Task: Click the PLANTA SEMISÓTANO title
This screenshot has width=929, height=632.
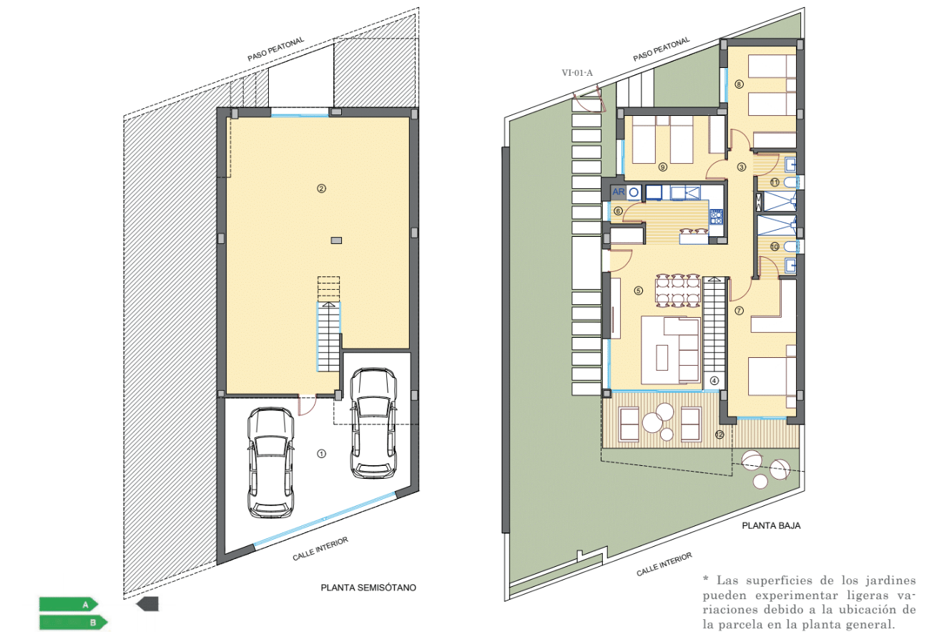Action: tap(368, 588)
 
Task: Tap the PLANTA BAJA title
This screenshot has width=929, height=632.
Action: tap(771, 525)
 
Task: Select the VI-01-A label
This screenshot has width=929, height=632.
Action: tap(577, 73)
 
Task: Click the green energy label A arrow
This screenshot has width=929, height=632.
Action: tap(69, 604)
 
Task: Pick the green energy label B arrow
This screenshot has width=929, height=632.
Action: tap(74, 622)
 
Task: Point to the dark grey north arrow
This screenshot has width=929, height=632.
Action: tap(147, 604)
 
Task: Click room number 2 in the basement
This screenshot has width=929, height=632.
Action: tap(321, 188)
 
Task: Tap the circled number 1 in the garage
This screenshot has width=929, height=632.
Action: tap(321, 454)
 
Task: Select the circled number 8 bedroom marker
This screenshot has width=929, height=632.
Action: tap(739, 84)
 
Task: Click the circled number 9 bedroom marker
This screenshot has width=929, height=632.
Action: tap(663, 167)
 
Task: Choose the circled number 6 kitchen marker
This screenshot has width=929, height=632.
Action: tap(618, 211)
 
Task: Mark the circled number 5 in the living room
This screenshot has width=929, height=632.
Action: tap(639, 291)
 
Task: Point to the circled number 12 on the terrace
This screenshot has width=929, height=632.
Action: tap(719, 434)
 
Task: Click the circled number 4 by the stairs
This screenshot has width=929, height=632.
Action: tap(714, 381)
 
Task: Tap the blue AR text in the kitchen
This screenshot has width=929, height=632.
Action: tap(619, 192)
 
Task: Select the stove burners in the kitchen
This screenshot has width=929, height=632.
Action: tap(717, 217)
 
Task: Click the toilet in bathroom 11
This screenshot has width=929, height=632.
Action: tap(790, 182)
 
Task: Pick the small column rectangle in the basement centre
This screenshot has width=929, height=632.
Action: tap(336, 240)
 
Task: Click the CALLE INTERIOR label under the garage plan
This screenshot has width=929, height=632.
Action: tap(320, 549)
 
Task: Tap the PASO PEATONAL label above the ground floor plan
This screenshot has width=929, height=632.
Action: tap(662, 49)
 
